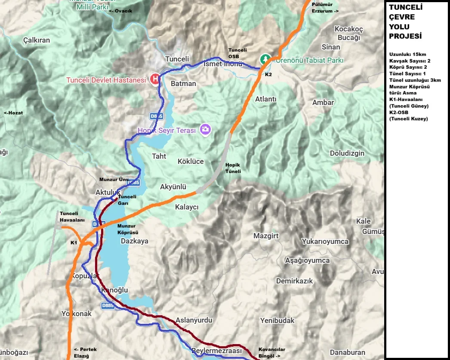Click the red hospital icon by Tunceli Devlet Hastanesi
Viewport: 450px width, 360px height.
[x=155, y=80]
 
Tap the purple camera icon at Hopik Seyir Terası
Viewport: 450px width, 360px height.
[x=205, y=129]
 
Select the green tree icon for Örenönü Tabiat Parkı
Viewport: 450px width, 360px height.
[x=266, y=58]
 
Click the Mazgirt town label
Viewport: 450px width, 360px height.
[x=266, y=236]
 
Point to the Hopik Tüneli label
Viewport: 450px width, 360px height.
[x=233, y=168]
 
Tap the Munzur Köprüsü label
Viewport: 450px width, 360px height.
[x=126, y=229]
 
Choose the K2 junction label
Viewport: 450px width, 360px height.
[x=268, y=74]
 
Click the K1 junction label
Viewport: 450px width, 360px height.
[x=74, y=243]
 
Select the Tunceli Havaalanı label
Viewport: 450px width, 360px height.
[x=69, y=217]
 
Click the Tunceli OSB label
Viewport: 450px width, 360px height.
[x=237, y=53]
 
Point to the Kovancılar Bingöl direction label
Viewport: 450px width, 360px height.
[x=271, y=353]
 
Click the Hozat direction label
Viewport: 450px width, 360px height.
[x=13, y=113]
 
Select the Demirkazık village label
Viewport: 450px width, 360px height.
[x=294, y=281]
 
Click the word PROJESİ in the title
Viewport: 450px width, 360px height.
[x=405, y=37]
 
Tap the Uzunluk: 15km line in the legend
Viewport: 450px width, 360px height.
[x=407, y=55]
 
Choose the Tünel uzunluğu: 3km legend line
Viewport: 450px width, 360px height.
[x=415, y=80]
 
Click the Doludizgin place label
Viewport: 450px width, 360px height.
[x=347, y=153]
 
